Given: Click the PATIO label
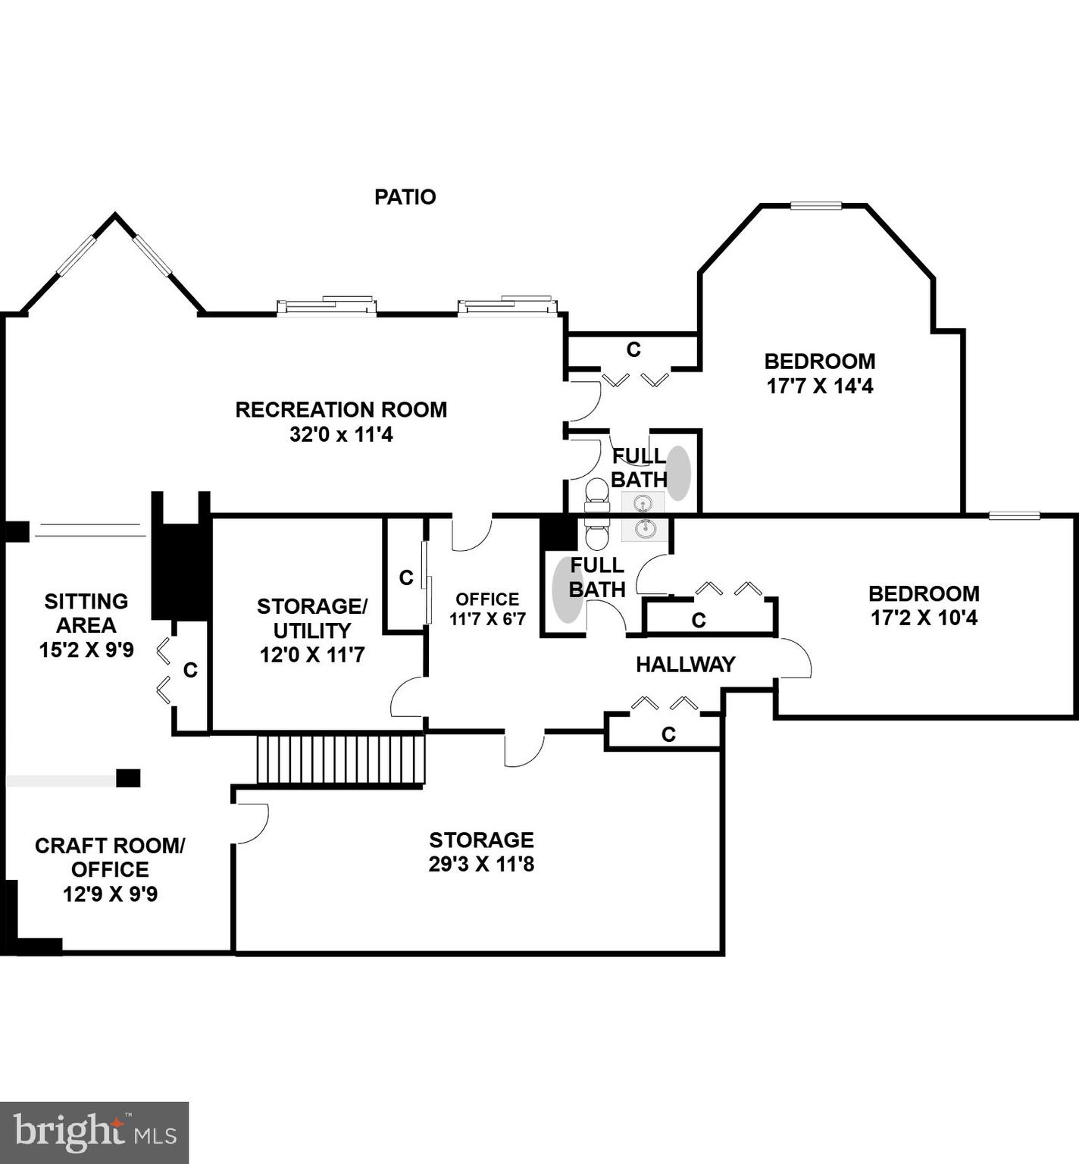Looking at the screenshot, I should point(405,197).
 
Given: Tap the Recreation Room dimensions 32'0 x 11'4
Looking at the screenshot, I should point(341,435).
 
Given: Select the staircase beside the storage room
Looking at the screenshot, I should point(340,759).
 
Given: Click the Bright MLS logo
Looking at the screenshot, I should point(94,1132).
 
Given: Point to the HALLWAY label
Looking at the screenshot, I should point(685,665).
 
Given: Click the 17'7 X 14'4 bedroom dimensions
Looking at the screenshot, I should point(820,386).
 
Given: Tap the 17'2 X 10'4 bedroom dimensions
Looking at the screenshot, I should point(924,618).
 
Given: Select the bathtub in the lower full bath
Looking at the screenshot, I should point(566,589).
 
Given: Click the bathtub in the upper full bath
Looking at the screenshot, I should point(678,472).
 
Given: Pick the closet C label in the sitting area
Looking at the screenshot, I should point(190,670).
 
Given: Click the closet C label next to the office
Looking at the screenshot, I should point(406,578).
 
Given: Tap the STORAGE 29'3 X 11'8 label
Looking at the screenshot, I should point(481,852).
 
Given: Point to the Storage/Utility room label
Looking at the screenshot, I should point(312,630).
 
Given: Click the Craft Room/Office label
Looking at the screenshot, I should point(110,869).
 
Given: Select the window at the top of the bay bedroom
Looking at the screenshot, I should point(816,205).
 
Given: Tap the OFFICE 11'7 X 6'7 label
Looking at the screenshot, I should point(487,609).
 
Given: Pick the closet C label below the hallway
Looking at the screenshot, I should point(668,734).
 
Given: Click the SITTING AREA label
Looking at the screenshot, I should point(86,625).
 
